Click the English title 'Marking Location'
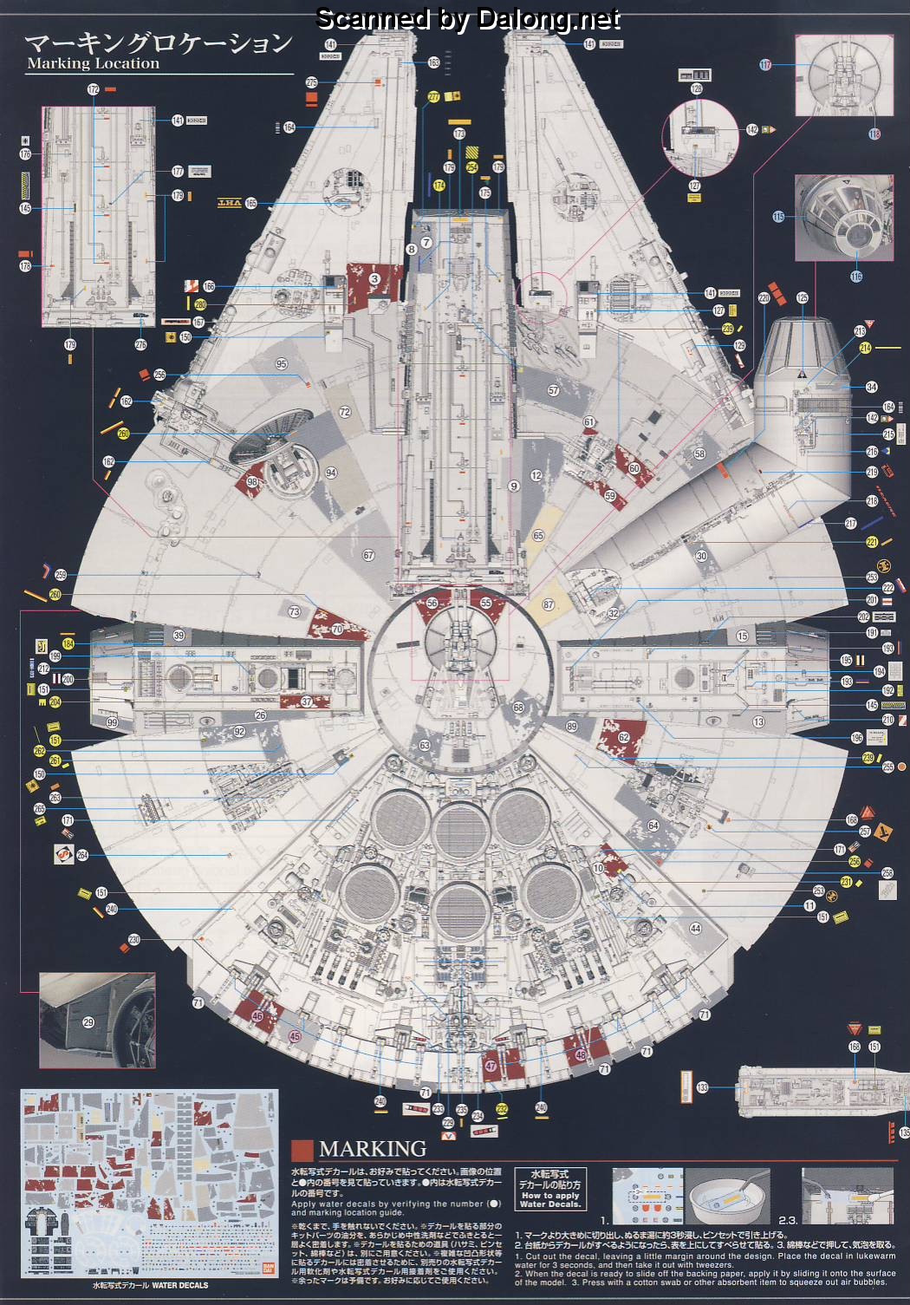[93, 63]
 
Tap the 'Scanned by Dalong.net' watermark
[468, 18]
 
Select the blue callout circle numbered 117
[765, 65]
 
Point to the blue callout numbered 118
[874, 134]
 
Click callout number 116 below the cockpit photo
[856, 277]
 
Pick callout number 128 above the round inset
[696, 89]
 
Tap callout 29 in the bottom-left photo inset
[88, 1022]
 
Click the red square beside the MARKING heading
[302, 1150]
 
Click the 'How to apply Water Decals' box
[550, 1189]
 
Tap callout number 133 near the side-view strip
[702, 1087]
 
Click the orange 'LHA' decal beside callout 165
[229, 203]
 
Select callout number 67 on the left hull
[368, 555]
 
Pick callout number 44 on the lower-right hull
[695, 928]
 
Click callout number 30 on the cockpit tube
[701, 556]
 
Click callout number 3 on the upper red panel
[374, 279]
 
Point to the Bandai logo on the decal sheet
[268, 1267]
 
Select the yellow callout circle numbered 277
[433, 98]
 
